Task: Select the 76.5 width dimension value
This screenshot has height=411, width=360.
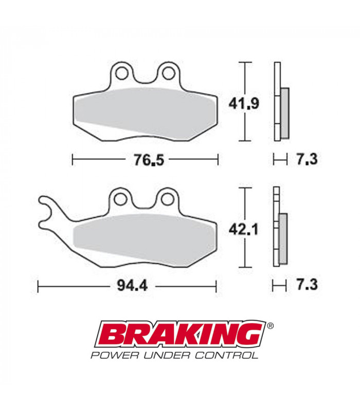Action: click(x=146, y=160)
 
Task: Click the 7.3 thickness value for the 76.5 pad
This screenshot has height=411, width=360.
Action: click(x=306, y=160)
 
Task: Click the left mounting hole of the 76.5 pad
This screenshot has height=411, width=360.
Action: click(x=122, y=74)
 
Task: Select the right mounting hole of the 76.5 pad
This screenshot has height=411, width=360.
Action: click(x=168, y=74)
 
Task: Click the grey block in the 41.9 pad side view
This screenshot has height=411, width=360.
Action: click(x=284, y=113)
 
